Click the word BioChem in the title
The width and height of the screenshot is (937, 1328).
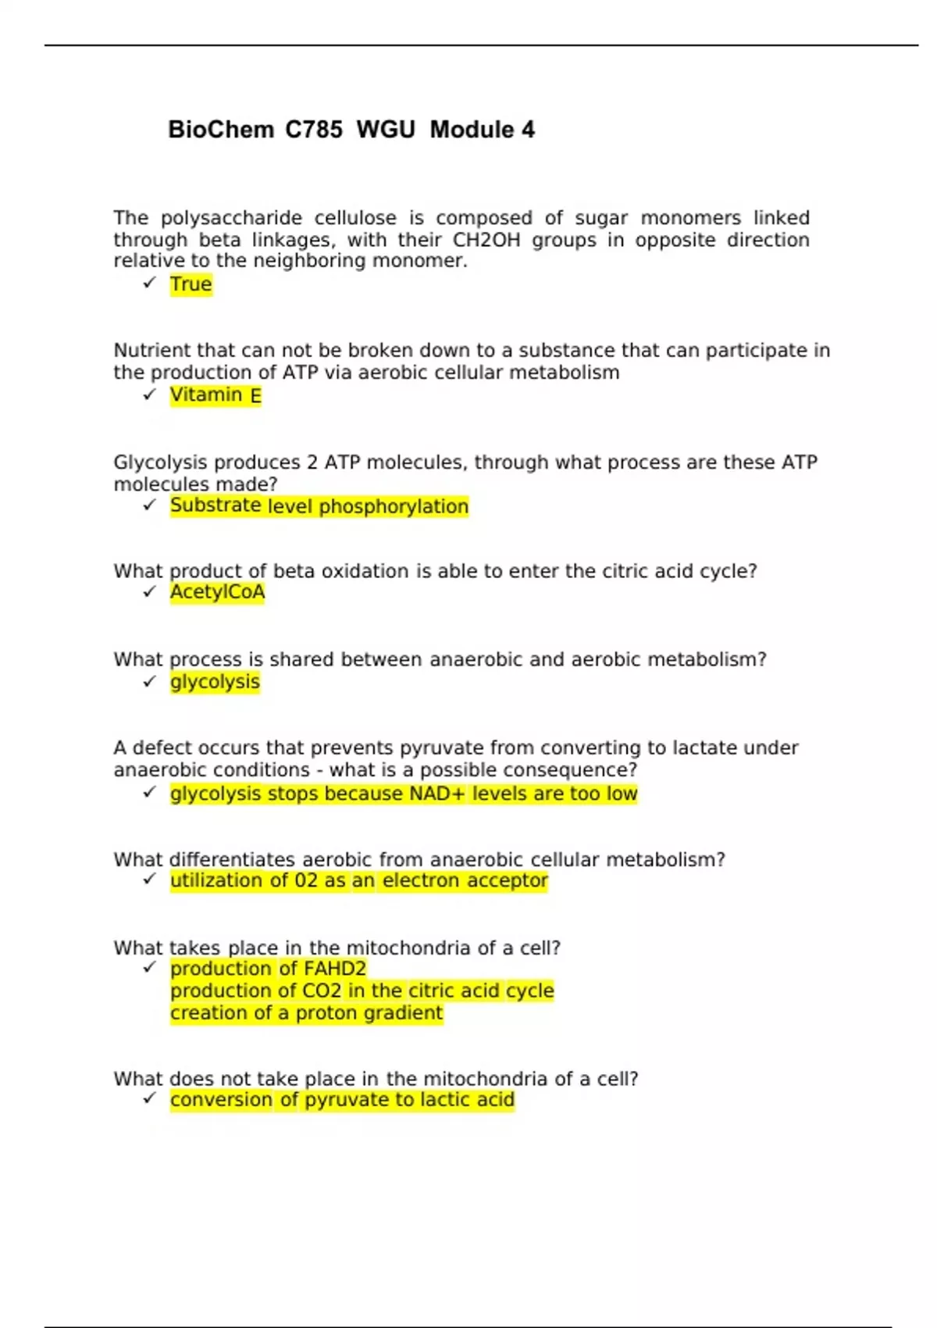pyautogui.click(x=221, y=130)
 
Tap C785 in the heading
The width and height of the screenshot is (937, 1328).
pyautogui.click(x=313, y=130)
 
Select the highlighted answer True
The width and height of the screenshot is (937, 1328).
pyautogui.click(x=191, y=284)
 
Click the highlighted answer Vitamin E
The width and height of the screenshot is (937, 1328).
pyautogui.click(x=216, y=395)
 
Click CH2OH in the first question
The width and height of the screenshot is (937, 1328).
pyautogui.click(x=486, y=240)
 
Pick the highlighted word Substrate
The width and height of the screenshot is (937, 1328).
pyautogui.click(x=216, y=506)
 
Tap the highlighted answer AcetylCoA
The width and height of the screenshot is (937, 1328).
pyautogui.click(x=217, y=592)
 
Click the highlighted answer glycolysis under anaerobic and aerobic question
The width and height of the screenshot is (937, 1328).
pyautogui.click(x=215, y=682)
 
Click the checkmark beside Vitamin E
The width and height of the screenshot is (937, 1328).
pyautogui.click(x=150, y=395)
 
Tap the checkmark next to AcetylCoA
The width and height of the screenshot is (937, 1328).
pyautogui.click(x=150, y=592)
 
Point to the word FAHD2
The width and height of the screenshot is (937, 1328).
pyautogui.click(x=334, y=969)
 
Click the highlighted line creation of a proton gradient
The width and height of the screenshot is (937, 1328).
pyautogui.click(x=306, y=1013)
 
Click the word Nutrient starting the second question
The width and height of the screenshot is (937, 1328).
pyautogui.click(x=152, y=351)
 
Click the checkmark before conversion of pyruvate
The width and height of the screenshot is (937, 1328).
pyautogui.click(x=150, y=1099)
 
